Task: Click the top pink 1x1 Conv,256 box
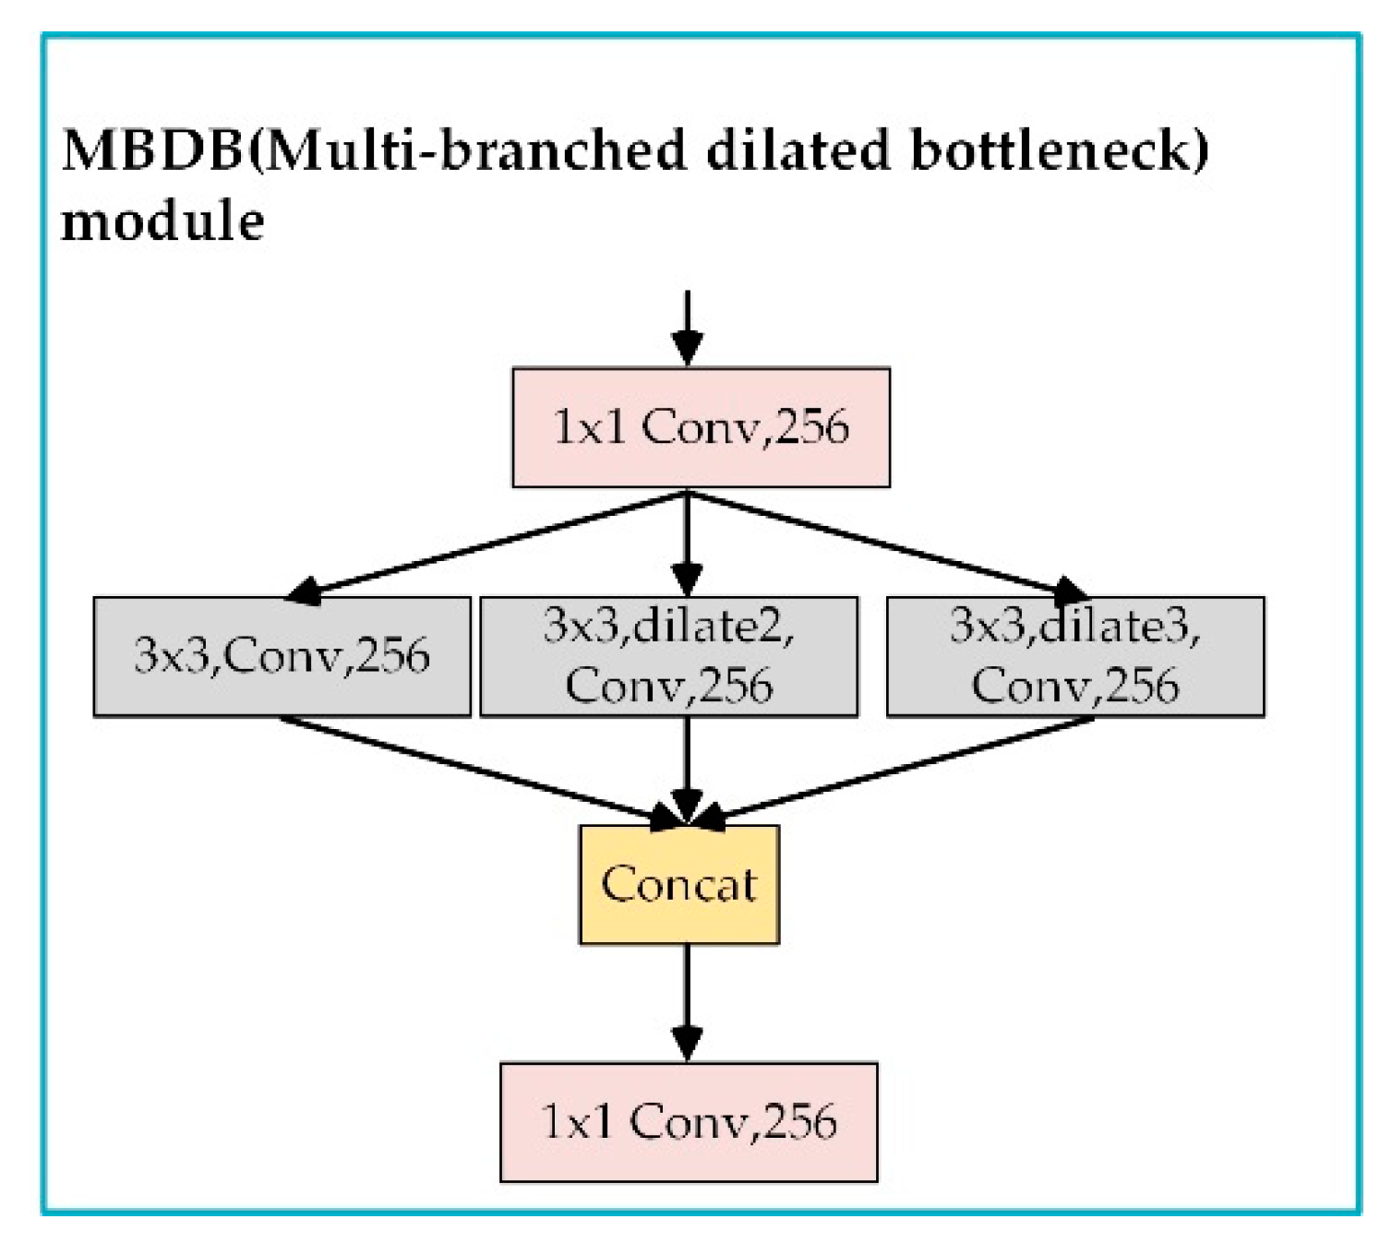701,427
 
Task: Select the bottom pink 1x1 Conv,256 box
689,1121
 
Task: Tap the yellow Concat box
679,884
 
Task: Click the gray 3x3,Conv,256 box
282,656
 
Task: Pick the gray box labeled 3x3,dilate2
668,656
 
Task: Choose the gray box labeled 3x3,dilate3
1075,656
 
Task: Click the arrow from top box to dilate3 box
886,544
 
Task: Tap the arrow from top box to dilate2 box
687,544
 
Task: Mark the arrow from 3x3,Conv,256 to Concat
480,770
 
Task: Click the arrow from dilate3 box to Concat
895,770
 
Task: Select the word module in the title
162,221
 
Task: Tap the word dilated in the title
798,149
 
